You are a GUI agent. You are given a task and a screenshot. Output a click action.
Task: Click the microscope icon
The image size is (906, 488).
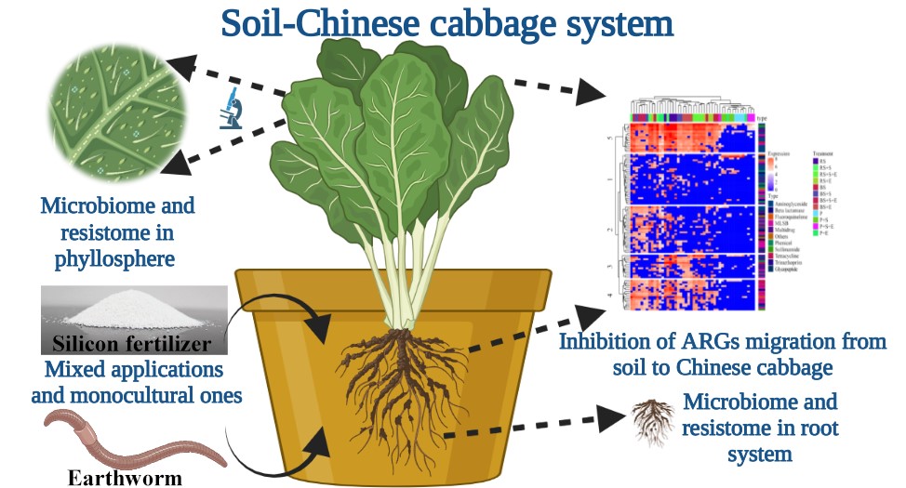click(230, 109)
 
